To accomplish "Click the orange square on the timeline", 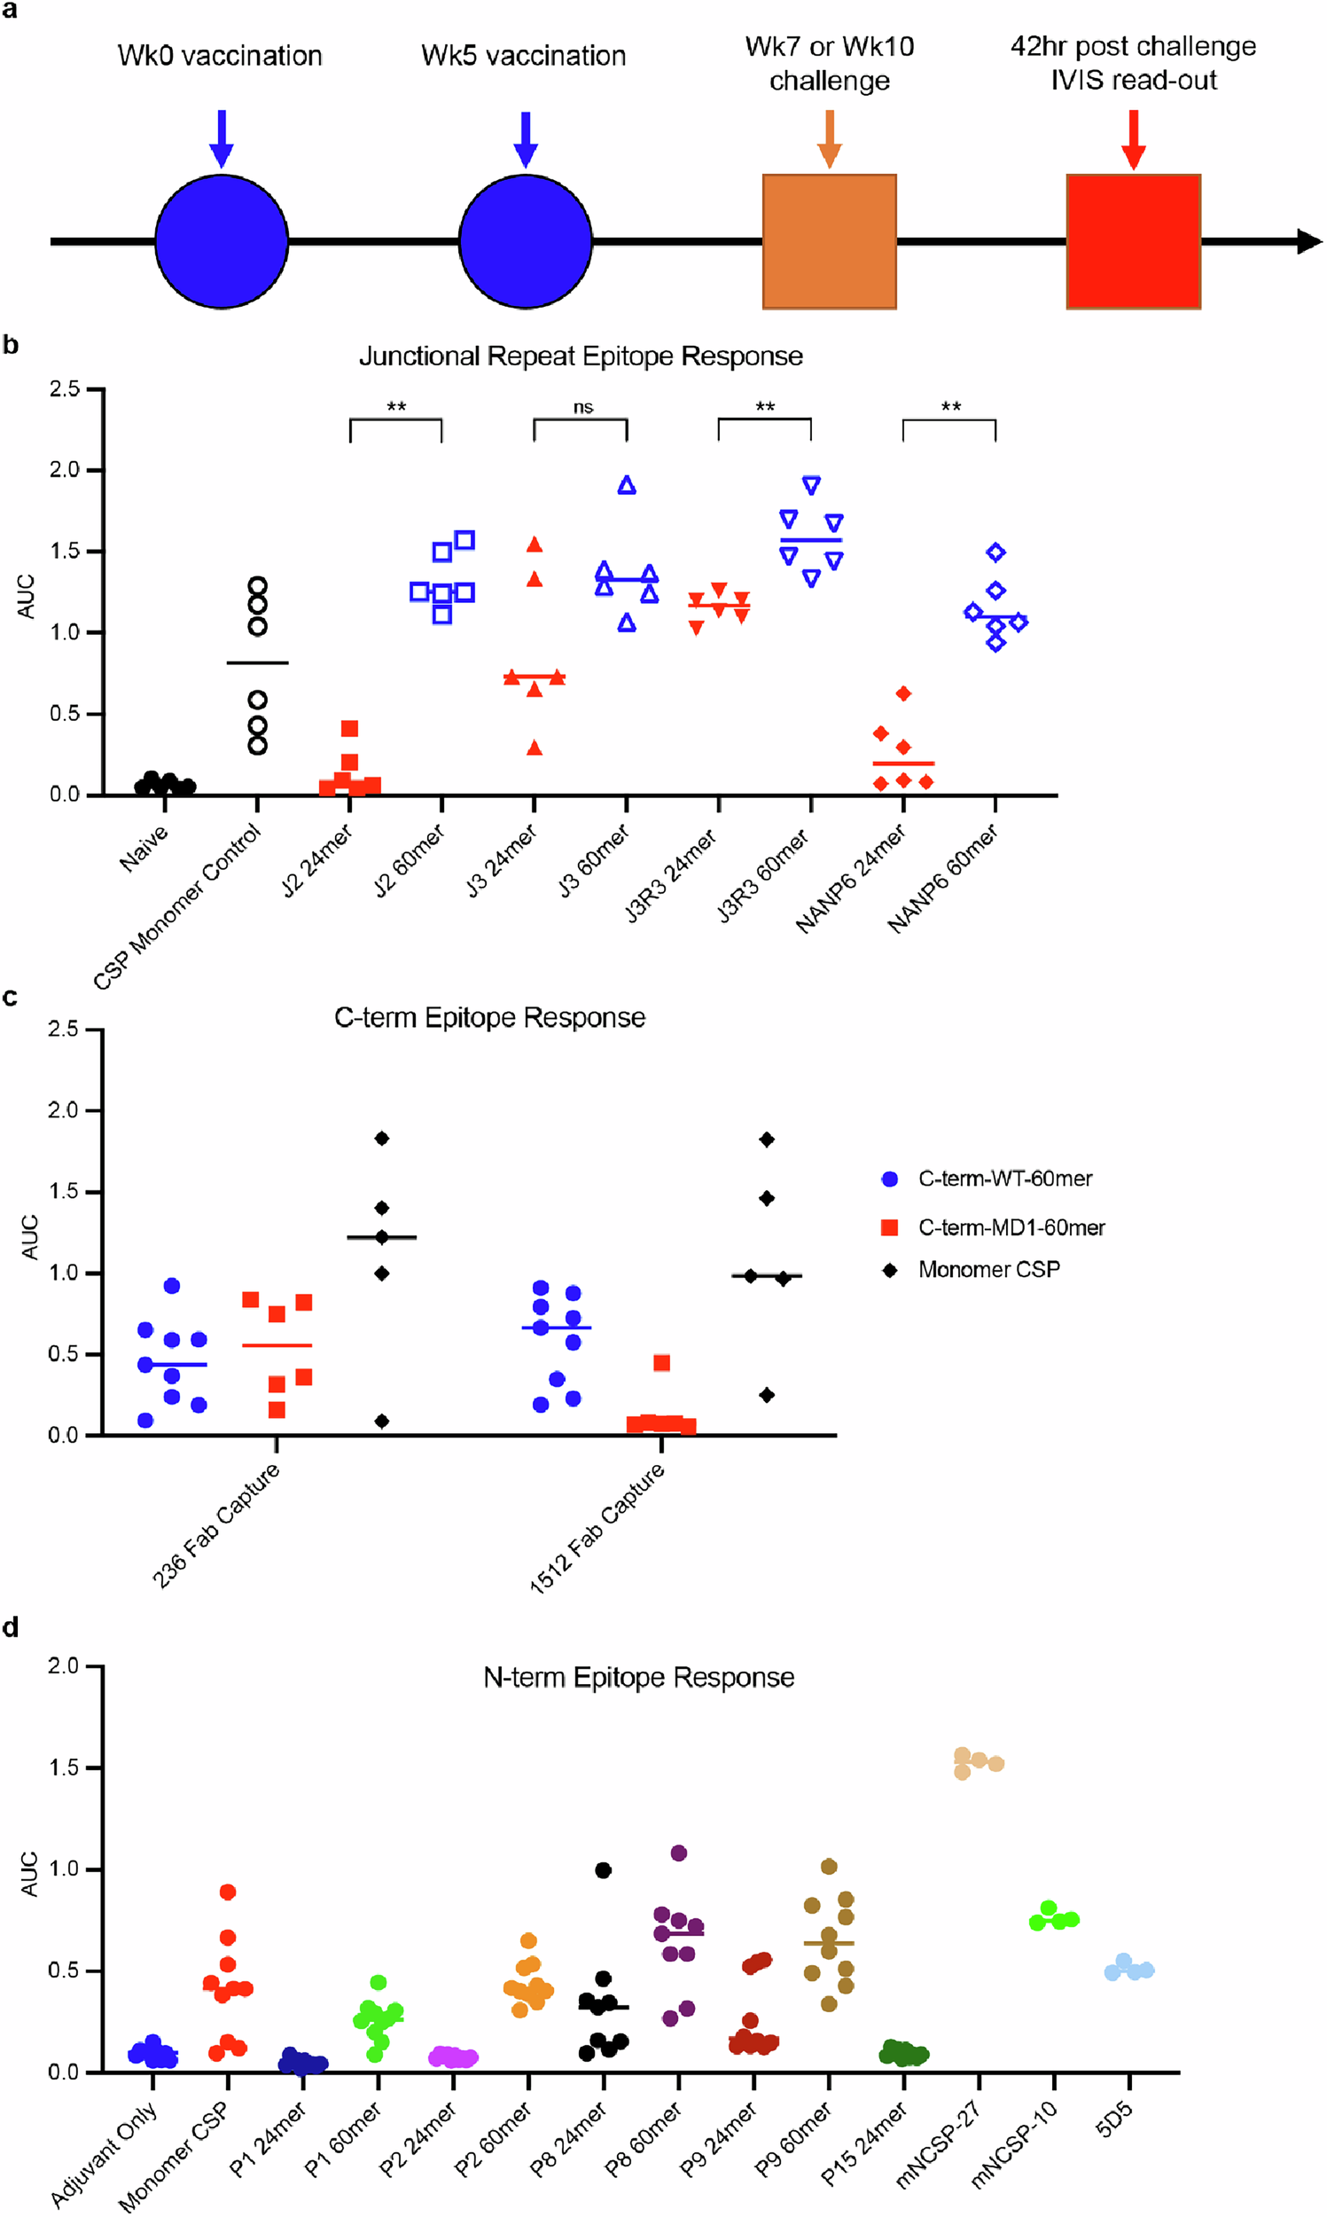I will coord(829,241).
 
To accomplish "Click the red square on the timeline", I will coord(1133,241).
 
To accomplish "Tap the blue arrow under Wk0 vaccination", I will coord(222,139).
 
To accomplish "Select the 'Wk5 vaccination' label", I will coord(523,56).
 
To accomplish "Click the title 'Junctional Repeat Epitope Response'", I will coord(581,356).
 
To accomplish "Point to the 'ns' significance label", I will coord(583,408).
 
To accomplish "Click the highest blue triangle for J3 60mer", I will coord(627,486).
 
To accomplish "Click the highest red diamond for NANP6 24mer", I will coord(903,693).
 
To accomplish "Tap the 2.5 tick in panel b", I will coord(65,389).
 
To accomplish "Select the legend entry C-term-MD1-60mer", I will coord(1011,1228).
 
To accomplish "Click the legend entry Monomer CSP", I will coord(988,1270).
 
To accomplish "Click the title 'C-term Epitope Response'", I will coord(489,1018).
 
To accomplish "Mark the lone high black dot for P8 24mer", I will coord(603,1870).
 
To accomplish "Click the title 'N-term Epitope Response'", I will coord(638,1677).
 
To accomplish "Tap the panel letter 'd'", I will coord(11,1626).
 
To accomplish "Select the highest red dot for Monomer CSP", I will coord(227,1892).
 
